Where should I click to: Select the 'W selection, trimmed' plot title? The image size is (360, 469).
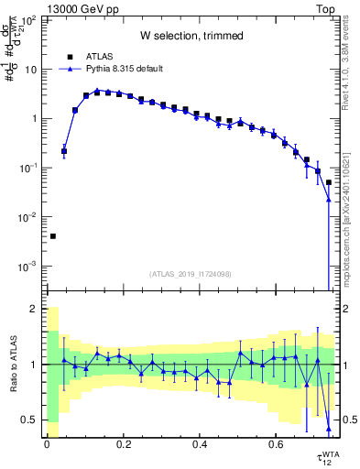coord(191,36)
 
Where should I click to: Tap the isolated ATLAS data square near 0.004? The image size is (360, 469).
coord(53,236)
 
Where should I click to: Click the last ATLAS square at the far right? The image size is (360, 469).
coord(329,182)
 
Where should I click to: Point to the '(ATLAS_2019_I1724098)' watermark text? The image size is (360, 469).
coord(191,274)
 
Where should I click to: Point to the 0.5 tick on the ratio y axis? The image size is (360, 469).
coord(31,420)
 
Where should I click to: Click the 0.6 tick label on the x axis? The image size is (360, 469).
coord(275,444)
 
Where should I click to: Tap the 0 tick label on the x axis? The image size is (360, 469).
coord(46,444)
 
